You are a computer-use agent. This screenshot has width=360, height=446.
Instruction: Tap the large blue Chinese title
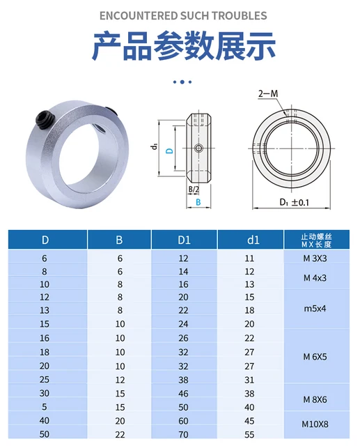click(184, 46)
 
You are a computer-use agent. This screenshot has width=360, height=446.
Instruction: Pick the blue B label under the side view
click(198, 202)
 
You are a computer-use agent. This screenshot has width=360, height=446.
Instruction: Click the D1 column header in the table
click(184, 240)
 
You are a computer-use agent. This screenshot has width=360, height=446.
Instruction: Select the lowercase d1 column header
click(253, 240)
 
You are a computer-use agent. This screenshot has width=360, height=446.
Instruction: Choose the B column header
click(119, 240)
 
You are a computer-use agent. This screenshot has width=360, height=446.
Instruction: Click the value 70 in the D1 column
click(184, 434)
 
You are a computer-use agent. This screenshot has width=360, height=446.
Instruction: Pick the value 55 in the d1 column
click(250, 434)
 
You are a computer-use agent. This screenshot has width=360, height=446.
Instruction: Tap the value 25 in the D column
click(45, 380)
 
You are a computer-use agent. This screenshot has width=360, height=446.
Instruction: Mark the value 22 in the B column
click(119, 434)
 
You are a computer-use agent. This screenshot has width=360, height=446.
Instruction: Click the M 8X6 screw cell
click(320, 399)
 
